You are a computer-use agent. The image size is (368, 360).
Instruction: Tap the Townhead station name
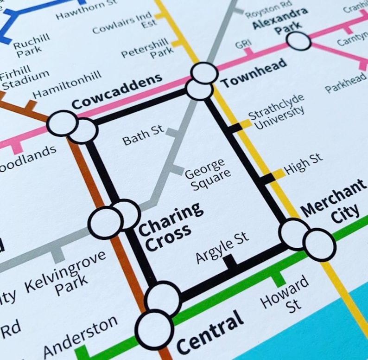(x=253, y=73)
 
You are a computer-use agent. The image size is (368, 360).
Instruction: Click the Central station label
(x=210, y=331)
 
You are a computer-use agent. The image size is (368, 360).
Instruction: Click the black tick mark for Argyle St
(x=230, y=263)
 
